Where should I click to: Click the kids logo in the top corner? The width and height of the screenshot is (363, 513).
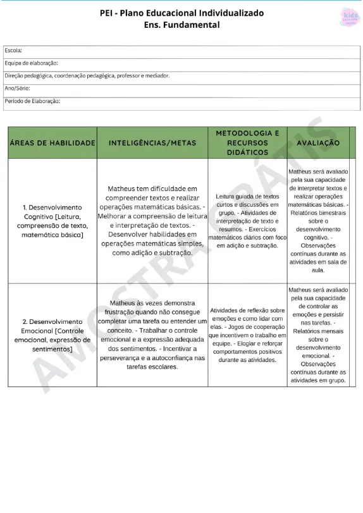[348, 16]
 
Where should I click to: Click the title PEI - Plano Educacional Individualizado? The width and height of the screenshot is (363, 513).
[181, 13]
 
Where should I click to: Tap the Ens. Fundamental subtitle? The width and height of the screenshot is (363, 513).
[181, 25]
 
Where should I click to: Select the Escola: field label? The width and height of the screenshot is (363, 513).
[13, 50]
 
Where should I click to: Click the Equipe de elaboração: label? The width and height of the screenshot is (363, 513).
[31, 63]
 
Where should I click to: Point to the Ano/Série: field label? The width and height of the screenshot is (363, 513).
[17, 88]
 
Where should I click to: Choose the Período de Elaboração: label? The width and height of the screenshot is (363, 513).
[32, 101]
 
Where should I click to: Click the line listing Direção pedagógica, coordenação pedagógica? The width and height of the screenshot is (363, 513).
[87, 75]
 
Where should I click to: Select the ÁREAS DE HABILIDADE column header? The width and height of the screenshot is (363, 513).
[52, 143]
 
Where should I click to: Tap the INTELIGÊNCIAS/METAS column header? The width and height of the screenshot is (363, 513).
[152, 143]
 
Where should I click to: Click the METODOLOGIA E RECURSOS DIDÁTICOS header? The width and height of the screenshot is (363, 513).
[247, 143]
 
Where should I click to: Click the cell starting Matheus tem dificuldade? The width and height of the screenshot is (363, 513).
[152, 220]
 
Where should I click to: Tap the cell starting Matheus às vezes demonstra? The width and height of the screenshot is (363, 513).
[152, 335]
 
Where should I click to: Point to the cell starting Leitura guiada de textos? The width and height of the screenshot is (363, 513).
[247, 221]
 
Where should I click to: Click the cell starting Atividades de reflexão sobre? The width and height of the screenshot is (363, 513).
[247, 335]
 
